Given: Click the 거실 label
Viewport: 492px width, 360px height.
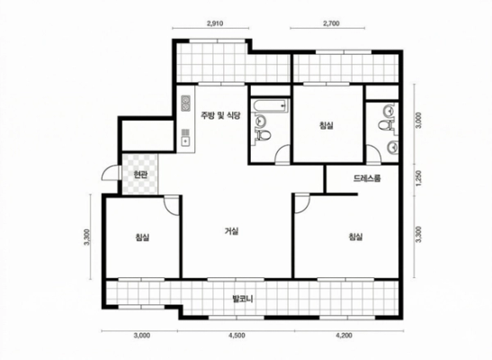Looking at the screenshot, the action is point(231,231).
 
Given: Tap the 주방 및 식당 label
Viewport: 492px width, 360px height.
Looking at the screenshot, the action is point(221,115).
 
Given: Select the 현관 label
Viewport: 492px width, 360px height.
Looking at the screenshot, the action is point(140,175).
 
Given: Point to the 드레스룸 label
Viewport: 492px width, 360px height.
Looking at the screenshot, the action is point(367,178).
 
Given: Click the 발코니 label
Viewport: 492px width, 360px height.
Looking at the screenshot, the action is point(242,299).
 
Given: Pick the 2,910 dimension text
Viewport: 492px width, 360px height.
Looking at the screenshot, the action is point(215,23).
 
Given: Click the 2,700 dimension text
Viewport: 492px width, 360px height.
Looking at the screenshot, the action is point(331,23).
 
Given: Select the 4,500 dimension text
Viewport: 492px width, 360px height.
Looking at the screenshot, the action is point(237,336).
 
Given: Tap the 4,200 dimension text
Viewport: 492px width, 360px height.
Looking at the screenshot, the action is point(344,336).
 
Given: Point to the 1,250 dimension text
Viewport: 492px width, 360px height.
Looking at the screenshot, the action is point(419,178).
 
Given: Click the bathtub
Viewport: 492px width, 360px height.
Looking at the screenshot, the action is point(270,106).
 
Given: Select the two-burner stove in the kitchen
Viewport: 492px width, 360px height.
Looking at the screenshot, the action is point(185,103).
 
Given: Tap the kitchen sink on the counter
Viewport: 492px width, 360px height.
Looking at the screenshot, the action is point(185,141).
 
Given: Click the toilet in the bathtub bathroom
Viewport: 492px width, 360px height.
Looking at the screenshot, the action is point(264,135).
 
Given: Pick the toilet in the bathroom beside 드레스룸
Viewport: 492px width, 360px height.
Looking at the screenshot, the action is point(385,125).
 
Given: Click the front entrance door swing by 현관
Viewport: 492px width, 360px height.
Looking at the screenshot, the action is point(109,173).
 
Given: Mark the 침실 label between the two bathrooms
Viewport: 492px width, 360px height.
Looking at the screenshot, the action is point(326,125).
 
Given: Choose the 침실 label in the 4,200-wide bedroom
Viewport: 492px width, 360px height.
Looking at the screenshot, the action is point(355,237).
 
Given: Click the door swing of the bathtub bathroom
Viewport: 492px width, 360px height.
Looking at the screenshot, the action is point(282,154).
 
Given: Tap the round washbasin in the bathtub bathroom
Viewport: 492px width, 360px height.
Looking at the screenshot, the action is point(261,121).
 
